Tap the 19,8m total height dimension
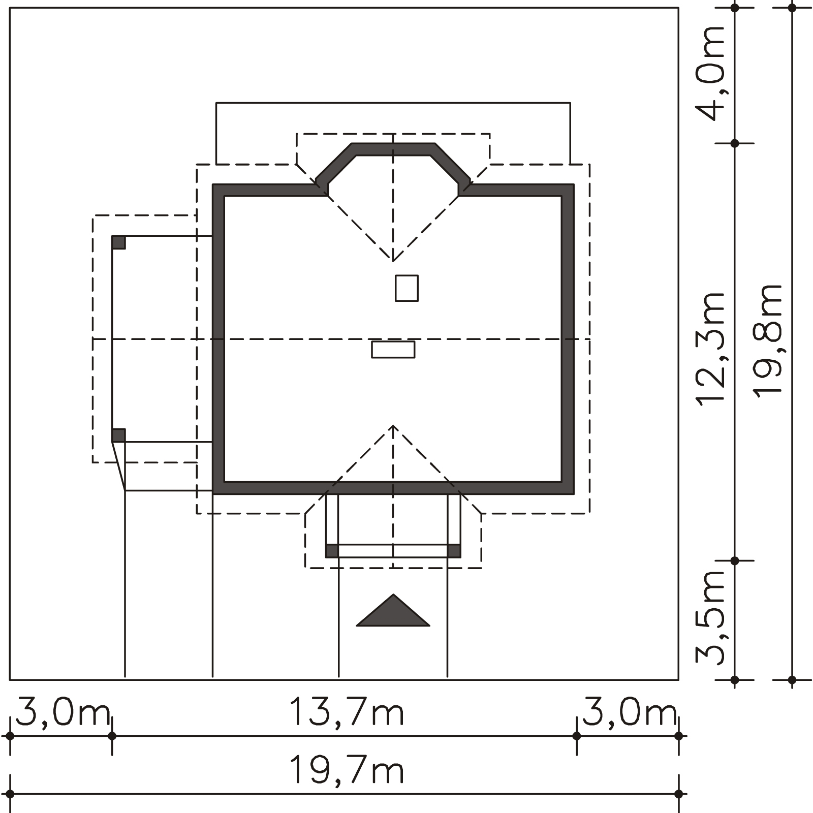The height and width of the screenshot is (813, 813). [768, 339]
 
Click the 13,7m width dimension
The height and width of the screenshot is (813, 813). [347, 712]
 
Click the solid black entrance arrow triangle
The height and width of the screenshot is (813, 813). [393, 610]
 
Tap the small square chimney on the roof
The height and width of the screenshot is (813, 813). [407, 288]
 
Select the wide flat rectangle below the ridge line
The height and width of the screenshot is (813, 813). [393, 350]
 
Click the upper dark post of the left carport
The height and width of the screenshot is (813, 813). [119, 242]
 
